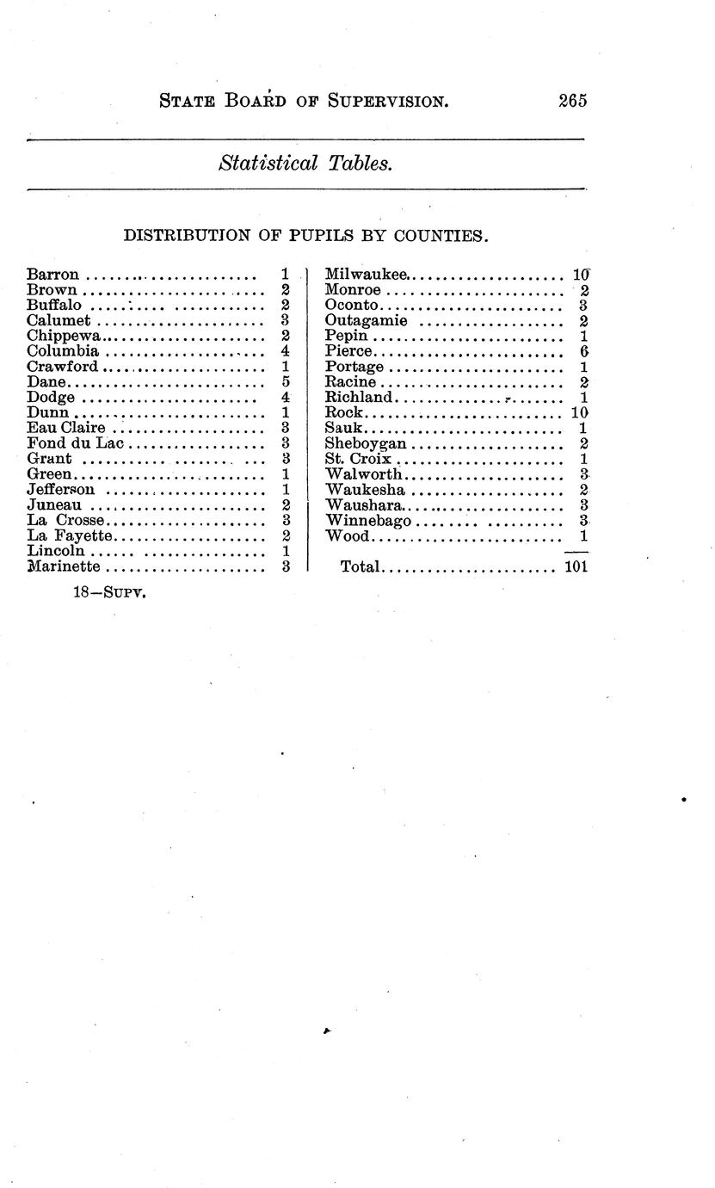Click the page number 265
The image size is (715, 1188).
(572, 100)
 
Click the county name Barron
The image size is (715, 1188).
(53, 275)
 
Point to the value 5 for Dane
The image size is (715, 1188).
(285, 382)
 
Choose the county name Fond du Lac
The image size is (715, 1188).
(76, 444)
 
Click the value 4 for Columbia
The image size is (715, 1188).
(285, 351)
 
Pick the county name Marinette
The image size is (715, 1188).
(64, 567)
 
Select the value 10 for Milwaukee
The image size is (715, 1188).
(581, 275)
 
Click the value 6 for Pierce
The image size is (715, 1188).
(583, 351)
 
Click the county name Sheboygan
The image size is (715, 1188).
(366, 444)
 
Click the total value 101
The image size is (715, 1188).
(576, 567)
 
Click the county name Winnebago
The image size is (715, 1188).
(369, 521)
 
